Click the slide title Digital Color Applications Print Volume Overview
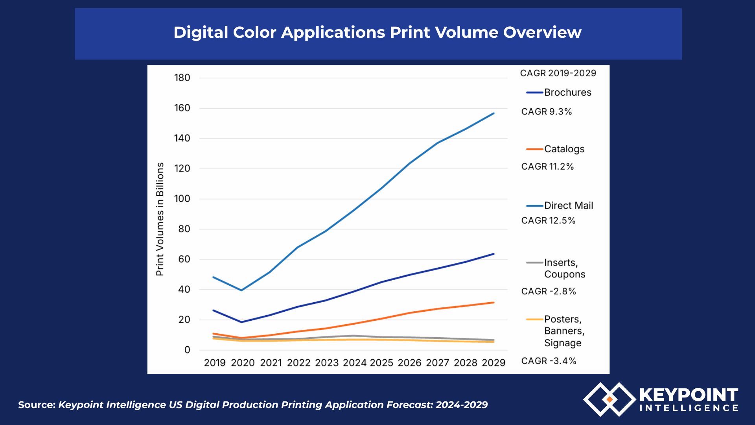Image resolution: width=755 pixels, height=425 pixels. (377, 32)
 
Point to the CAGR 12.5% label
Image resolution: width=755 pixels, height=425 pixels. (548, 221)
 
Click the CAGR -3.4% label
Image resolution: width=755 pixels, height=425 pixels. (549, 361)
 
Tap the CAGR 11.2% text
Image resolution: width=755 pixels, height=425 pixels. (547, 167)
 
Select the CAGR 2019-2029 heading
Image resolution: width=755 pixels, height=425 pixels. (558, 73)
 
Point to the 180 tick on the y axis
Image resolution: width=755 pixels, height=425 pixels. (182, 78)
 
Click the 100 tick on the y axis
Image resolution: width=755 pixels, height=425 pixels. (182, 199)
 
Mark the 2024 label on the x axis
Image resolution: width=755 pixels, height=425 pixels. (355, 363)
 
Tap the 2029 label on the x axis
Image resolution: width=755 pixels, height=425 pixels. (494, 363)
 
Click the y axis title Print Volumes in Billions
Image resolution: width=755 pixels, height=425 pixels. (160, 219)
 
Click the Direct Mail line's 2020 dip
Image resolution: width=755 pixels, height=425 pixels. (241, 290)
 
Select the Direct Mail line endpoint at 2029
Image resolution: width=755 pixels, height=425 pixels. (494, 113)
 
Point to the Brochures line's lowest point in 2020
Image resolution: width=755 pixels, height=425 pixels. (241, 322)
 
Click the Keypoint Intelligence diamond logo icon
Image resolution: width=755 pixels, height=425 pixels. (609, 399)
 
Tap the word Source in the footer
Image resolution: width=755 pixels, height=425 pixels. (36, 405)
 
